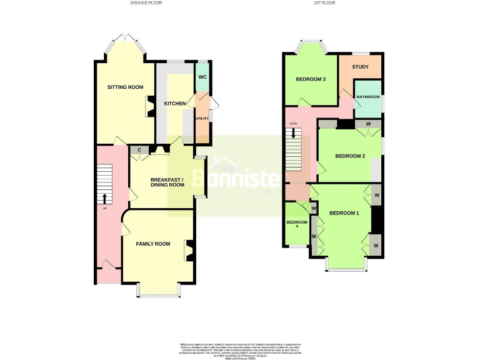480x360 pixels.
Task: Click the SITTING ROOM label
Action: coord(125,87)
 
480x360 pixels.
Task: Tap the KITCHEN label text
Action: coord(174,103)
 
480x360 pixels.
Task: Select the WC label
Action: coord(202,77)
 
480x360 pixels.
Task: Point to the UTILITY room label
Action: coord(201,118)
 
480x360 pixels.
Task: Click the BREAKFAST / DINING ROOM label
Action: coord(167,182)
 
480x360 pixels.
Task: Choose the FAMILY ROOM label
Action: coord(153,244)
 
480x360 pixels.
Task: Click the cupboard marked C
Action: coord(139,150)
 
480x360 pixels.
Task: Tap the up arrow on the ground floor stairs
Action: coord(104,199)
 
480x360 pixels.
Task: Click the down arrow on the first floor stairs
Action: coord(294,134)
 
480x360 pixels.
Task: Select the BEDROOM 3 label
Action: coord(311,79)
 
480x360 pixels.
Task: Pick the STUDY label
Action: coord(360,67)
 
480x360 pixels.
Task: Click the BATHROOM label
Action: coord(368,97)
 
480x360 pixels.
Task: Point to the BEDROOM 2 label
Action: coord(350,156)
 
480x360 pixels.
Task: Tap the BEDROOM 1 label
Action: coord(344,213)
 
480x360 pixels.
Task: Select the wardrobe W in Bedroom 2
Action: coord(368,124)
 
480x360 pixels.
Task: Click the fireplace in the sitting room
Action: coord(150,106)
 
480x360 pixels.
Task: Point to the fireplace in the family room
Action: coord(188,251)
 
